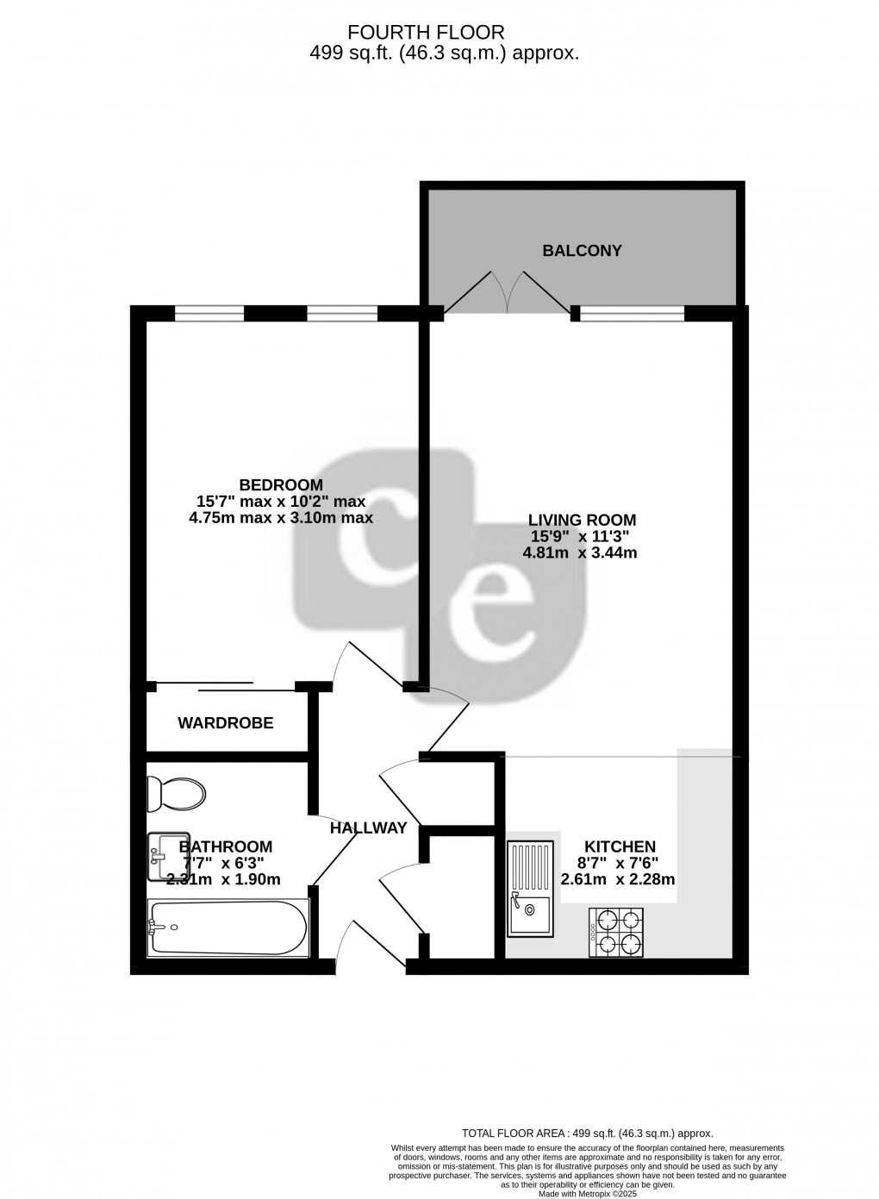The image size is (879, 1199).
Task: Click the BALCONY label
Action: [x=582, y=251]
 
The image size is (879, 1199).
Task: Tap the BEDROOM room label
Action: [x=281, y=484]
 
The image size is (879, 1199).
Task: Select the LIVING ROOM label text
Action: [x=582, y=520]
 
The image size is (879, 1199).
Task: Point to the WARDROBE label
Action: [x=226, y=723]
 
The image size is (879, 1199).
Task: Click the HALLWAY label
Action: [x=368, y=828]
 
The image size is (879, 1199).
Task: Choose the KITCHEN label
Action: [x=620, y=846]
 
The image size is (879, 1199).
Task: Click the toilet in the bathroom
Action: [x=177, y=793]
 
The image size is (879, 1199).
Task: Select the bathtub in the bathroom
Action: [x=228, y=927]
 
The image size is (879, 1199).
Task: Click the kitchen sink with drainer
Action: [x=529, y=889]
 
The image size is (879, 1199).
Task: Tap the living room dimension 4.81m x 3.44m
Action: [x=580, y=553]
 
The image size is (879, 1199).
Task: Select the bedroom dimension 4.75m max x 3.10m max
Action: [x=280, y=518]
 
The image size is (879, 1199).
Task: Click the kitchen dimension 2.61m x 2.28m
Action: [x=617, y=880]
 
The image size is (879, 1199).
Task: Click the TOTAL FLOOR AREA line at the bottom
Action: [x=588, y=1134]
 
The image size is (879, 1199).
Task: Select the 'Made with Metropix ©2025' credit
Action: [x=586, y=1194]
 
